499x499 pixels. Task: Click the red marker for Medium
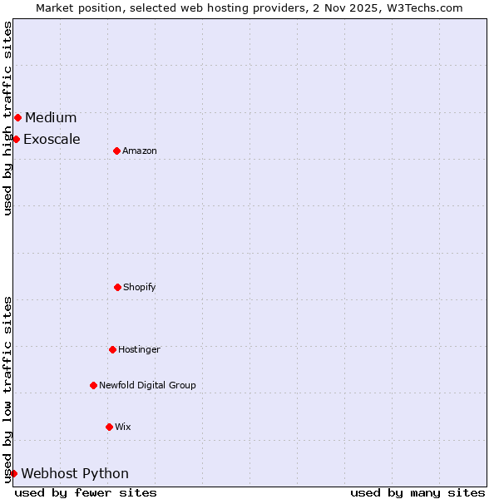pos(17,117)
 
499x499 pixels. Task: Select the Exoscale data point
pos(16,139)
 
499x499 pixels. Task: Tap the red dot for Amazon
pos(116,151)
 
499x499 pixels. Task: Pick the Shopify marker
pos(117,287)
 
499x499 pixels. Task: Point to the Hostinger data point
pos(112,349)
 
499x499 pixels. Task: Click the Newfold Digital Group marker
pos(93,385)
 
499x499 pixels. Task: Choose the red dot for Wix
pos(109,427)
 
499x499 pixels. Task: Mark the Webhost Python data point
pos(13,473)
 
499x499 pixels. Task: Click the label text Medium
pos(51,117)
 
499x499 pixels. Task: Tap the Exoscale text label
pos(52,139)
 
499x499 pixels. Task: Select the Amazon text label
pos(140,151)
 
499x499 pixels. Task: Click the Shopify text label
pos(140,287)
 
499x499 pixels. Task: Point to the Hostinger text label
pos(139,349)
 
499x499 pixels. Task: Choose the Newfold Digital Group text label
pos(147,385)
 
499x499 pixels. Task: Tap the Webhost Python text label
pos(75,473)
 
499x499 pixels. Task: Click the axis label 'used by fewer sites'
pos(86,492)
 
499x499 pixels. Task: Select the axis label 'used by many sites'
pos(417,492)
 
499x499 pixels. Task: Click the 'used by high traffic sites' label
pos(7,118)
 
